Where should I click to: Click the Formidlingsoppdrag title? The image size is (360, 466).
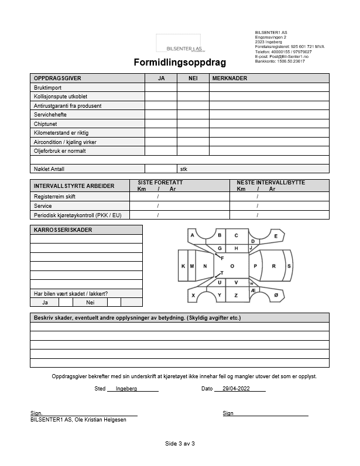(180, 62)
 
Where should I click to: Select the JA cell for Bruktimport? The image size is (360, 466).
(161, 87)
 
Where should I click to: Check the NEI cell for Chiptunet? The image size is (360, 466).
(193, 124)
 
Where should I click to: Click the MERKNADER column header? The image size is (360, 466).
(229, 78)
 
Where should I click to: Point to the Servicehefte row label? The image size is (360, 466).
(50, 115)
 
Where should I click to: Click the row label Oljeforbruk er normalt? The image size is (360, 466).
(60, 151)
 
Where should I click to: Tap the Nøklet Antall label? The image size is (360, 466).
(49, 169)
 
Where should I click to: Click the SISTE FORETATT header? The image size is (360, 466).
(160, 183)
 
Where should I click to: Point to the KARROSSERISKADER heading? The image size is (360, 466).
(63, 230)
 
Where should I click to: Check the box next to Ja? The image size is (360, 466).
(66, 303)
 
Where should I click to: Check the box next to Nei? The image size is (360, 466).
(114, 303)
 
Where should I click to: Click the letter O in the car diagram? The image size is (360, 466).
(232, 266)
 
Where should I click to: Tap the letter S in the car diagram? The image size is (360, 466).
(289, 266)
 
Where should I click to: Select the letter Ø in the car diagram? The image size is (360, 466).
(276, 296)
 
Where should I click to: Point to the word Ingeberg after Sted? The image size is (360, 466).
(126, 389)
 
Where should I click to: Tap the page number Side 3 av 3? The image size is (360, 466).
(180, 443)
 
